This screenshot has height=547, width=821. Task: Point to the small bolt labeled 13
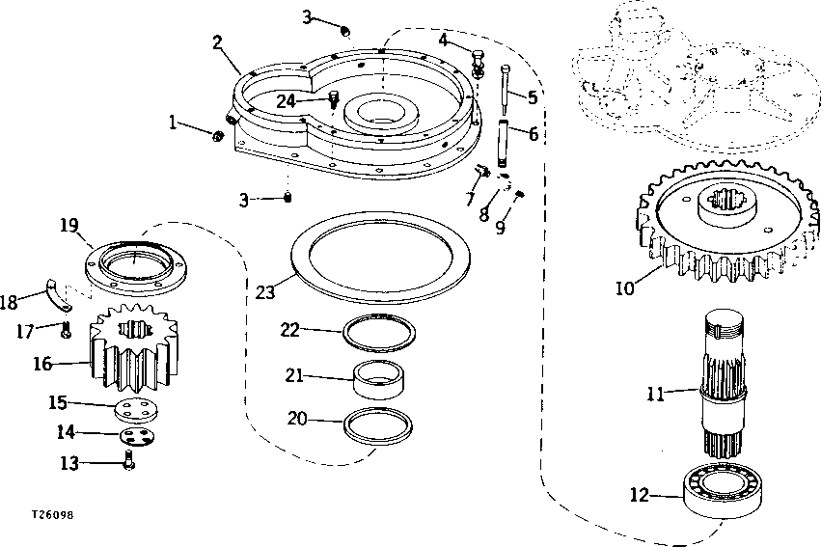pyautogui.click(x=129, y=463)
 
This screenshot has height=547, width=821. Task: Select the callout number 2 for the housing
pyautogui.click(x=218, y=41)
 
